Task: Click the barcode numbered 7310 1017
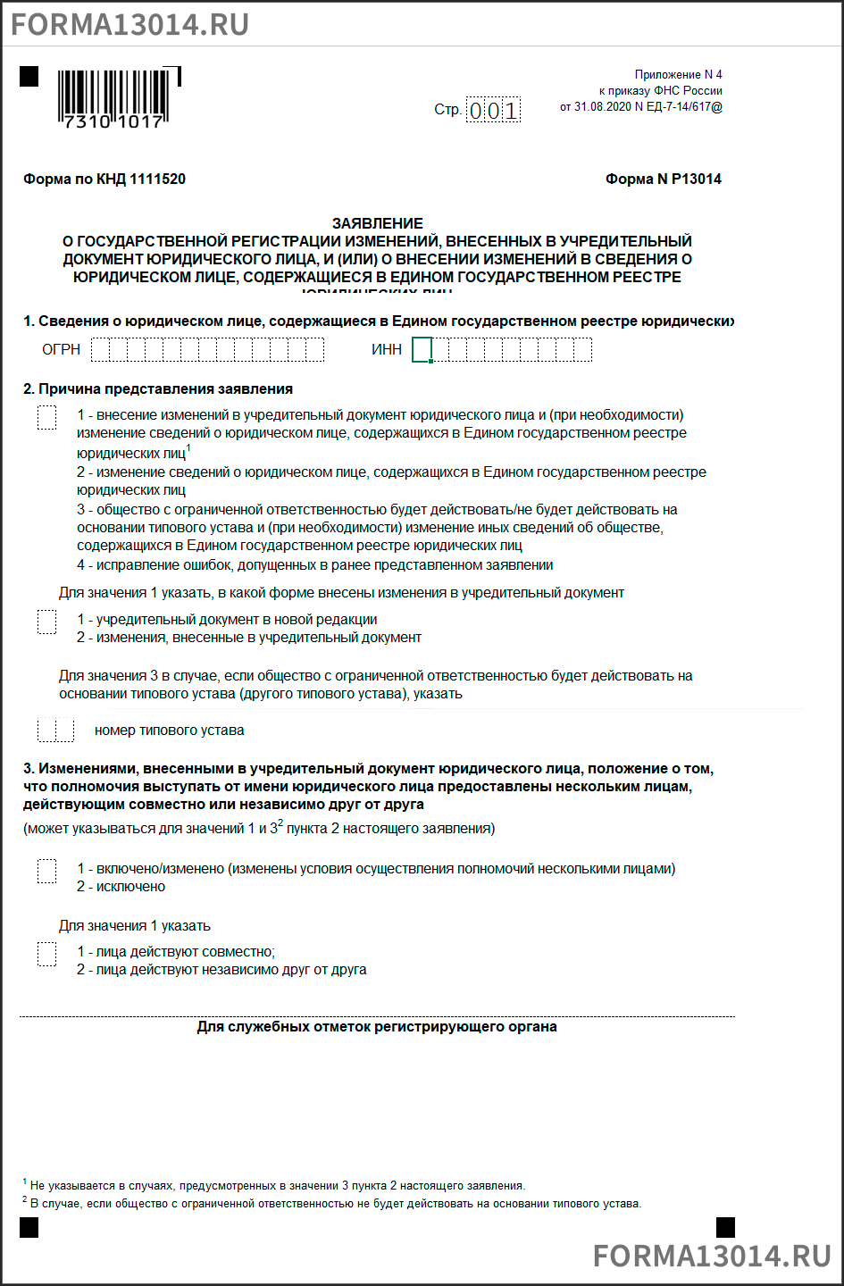[x=113, y=98]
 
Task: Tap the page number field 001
[x=493, y=110]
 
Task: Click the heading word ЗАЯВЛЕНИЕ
[x=378, y=223]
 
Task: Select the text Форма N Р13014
[x=663, y=179]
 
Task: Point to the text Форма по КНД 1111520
[x=104, y=179]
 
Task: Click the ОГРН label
[x=62, y=349]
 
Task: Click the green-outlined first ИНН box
[x=422, y=349]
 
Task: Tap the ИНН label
[x=387, y=349]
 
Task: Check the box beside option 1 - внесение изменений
[x=47, y=417]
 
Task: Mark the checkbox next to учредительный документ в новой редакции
[x=47, y=622]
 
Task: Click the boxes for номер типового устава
[x=56, y=731]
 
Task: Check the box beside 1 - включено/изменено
[x=47, y=871]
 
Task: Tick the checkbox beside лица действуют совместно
[x=47, y=954]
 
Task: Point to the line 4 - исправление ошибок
[x=314, y=565]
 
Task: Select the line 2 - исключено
[x=121, y=887]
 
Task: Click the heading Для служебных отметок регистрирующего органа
[x=377, y=1027]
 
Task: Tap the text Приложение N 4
[x=678, y=75]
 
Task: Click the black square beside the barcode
[x=29, y=76]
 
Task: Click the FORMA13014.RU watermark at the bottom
[x=712, y=1255]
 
